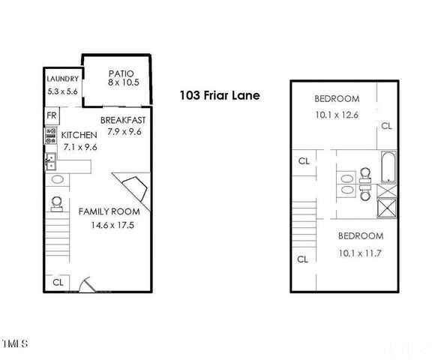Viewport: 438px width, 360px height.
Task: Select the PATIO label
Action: point(120,73)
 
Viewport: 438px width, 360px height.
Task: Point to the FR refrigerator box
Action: point(52,115)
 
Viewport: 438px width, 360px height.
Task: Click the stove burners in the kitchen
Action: point(51,136)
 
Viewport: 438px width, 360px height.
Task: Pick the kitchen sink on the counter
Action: point(50,160)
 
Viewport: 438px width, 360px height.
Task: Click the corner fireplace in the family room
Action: point(132,190)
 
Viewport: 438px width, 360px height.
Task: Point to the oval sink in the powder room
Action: point(57,179)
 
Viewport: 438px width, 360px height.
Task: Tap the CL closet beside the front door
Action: point(57,282)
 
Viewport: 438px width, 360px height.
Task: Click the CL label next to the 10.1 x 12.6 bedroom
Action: point(386,126)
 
